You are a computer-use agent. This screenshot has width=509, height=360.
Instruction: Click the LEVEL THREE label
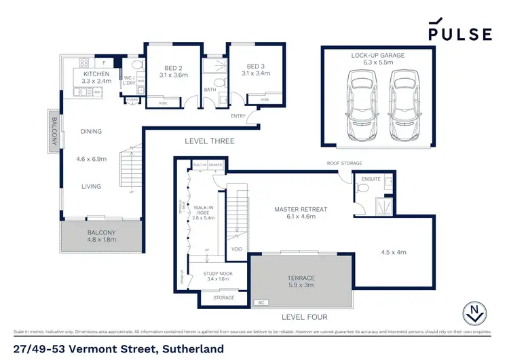[x=210, y=141]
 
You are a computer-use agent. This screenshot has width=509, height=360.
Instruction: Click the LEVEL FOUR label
[x=304, y=317]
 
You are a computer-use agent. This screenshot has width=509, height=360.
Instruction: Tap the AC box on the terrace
[x=259, y=302]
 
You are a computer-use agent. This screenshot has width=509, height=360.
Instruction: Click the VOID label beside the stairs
[x=235, y=248]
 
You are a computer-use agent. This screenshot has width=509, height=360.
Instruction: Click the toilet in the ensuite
[x=363, y=190]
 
